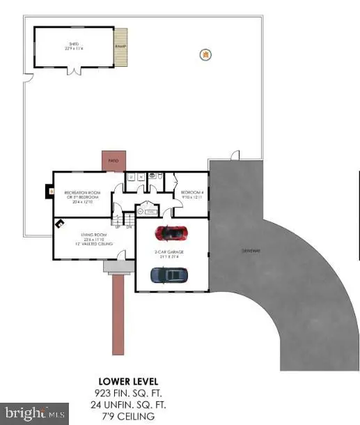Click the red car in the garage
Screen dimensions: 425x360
(x=171, y=232)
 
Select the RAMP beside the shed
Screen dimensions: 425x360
(x=121, y=47)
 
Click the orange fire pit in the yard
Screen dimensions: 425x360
(x=205, y=54)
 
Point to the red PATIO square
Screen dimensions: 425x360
(x=111, y=161)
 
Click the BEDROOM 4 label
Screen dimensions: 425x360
(x=191, y=192)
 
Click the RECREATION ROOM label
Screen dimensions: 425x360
(x=79, y=192)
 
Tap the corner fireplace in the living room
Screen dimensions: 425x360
(x=61, y=224)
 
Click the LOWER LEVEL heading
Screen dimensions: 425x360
(x=128, y=381)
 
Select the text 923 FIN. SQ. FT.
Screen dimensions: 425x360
(x=128, y=393)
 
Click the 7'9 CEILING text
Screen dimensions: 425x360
(x=128, y=416)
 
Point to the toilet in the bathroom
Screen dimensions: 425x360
(x=161, y=178)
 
